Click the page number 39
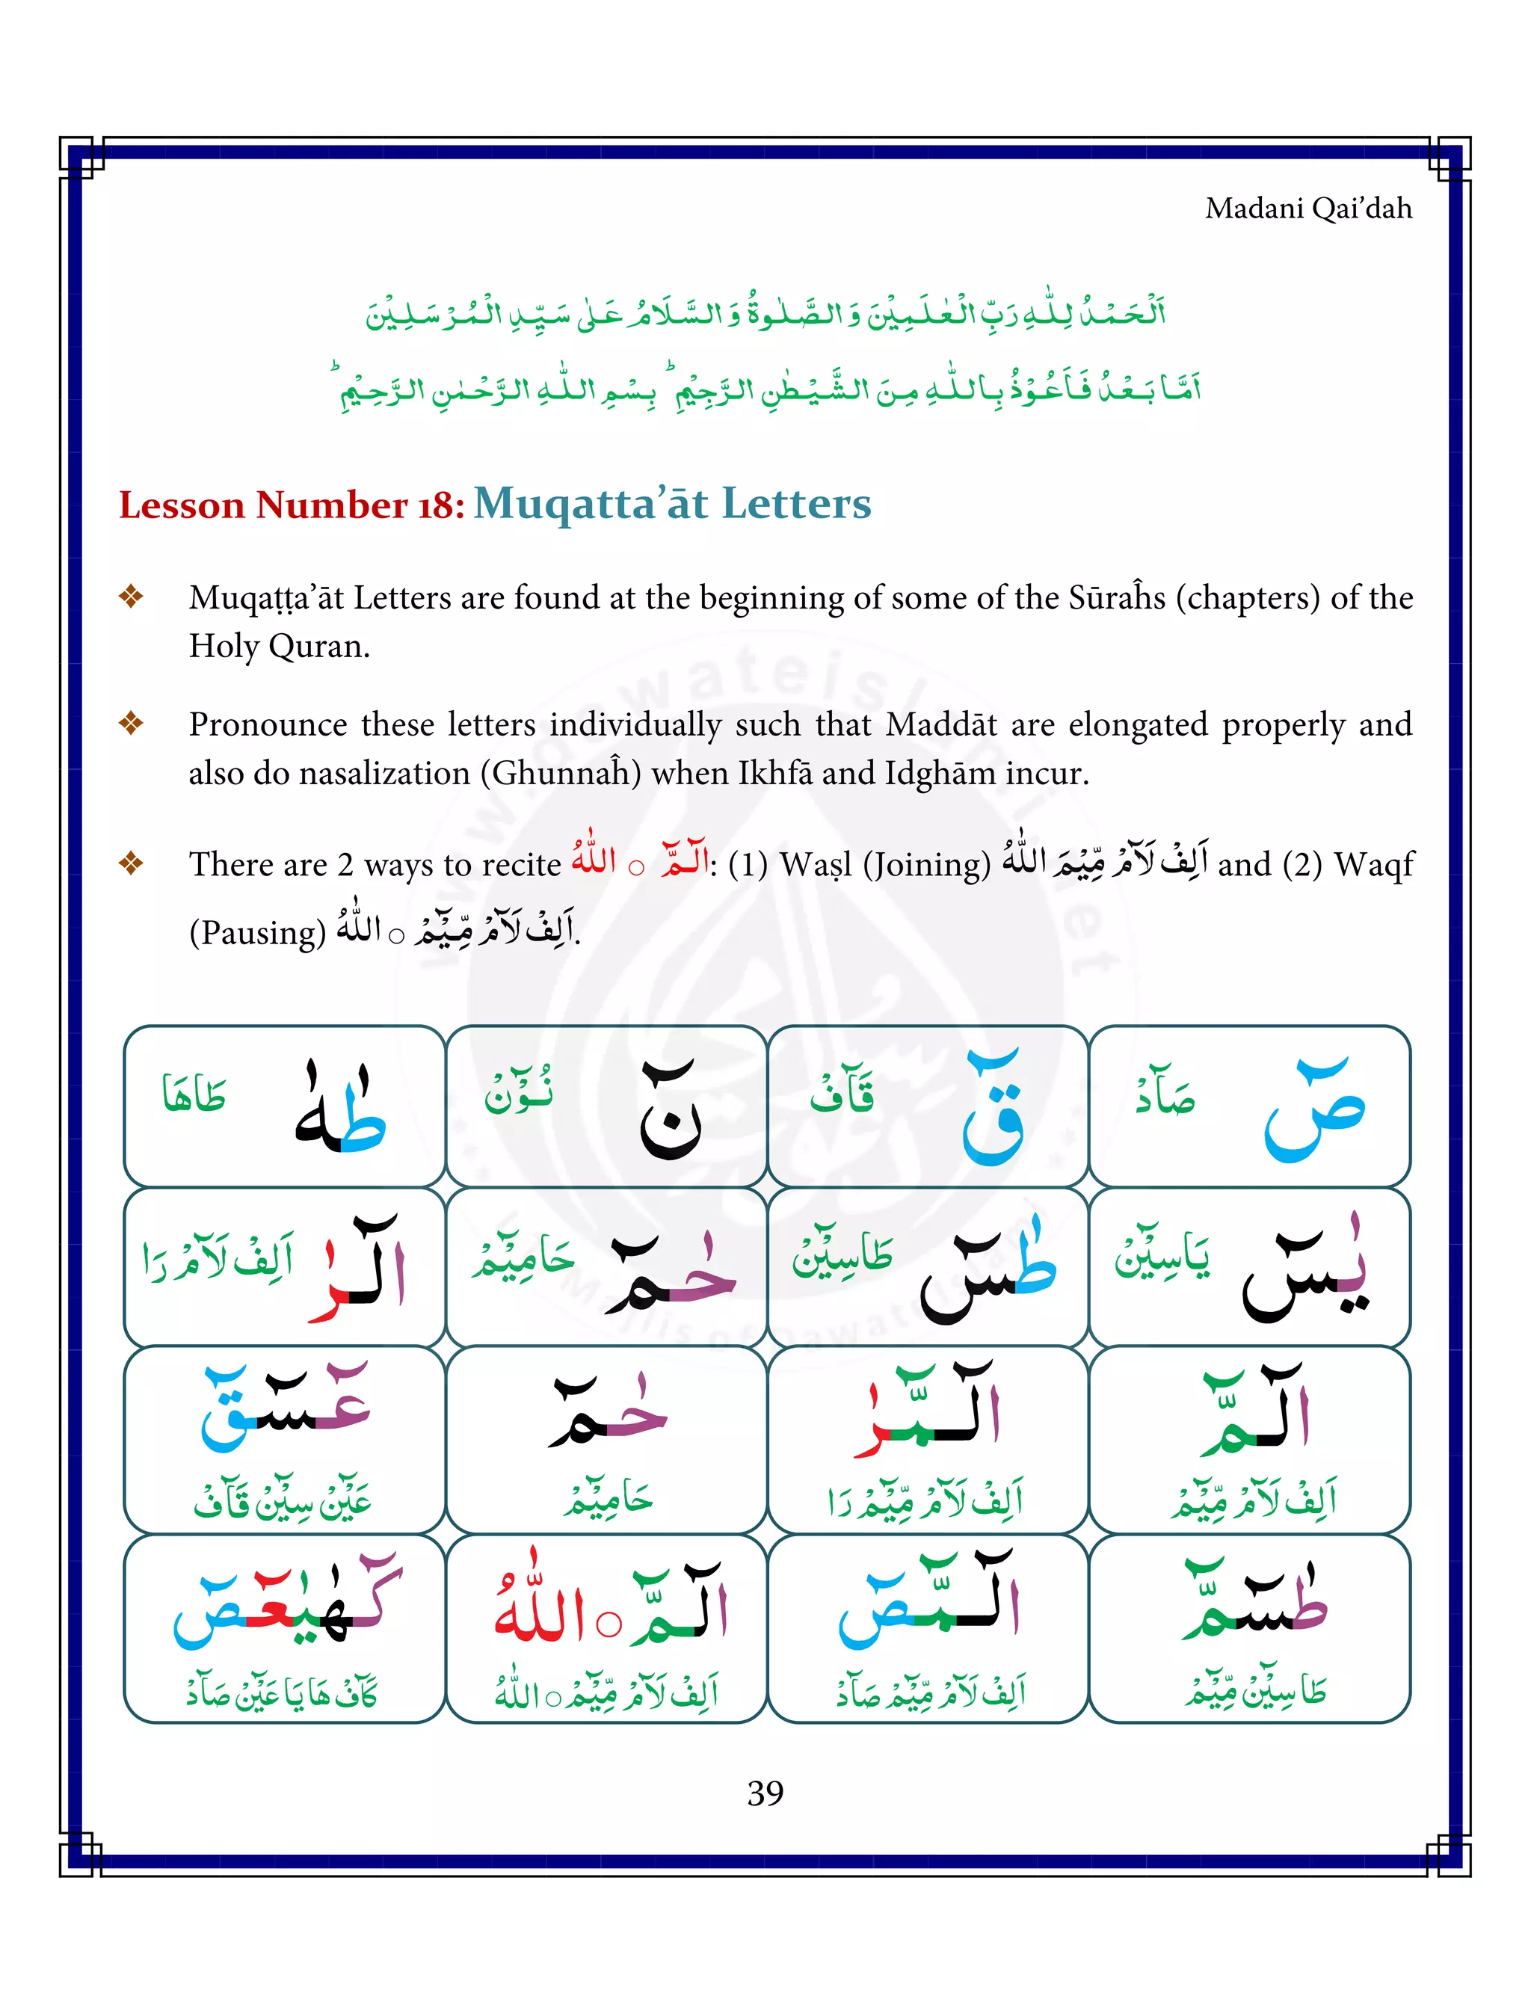[x=765, y=1793]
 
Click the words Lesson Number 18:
[x=292, y=505]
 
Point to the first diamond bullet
[x=132, y=597]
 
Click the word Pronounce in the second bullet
[x=267, y=724]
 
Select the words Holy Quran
[x=279, y=646]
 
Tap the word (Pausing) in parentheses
[x=257, y=932]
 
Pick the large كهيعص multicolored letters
[x=287, y=1604]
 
